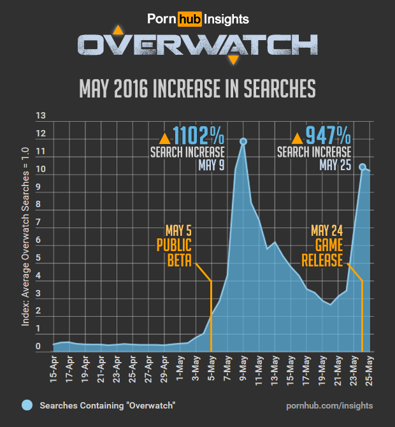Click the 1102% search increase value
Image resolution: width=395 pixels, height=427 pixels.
199,136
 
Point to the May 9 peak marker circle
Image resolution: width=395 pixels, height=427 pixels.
243,141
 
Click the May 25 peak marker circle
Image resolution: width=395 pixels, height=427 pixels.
363,167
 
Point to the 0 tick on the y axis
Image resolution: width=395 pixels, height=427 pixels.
39,347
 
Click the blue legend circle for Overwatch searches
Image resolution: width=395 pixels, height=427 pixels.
27,405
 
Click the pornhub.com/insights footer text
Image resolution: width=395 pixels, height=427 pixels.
329,405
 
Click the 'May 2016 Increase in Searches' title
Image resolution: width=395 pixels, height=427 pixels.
197,89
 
